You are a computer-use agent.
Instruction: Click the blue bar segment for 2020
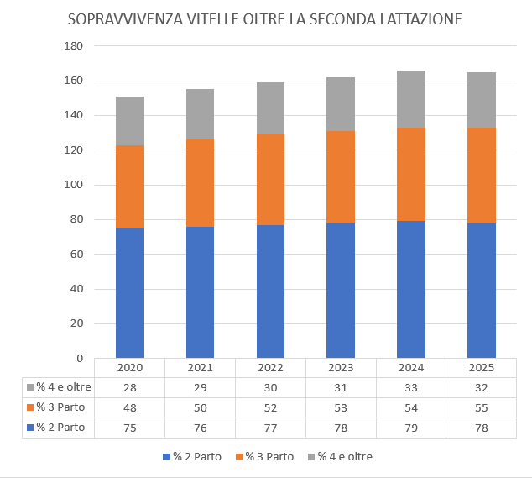pos(130,293)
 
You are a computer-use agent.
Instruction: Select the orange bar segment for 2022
pos(270,180)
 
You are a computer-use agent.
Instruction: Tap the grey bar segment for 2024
pos(411,99)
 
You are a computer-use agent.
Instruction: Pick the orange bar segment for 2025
pos(482,176)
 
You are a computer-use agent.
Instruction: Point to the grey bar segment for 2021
pos(201,114)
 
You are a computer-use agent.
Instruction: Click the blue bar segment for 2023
pos(341,291)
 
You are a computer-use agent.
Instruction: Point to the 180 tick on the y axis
pos(73,46)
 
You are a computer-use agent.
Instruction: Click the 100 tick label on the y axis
pos(73,185)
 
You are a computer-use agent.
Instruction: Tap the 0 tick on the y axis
pos(80,359)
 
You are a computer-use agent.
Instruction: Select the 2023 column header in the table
pos(341,368)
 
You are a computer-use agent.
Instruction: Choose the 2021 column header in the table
pos(201,368)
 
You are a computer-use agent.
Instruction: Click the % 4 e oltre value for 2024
pos(411,387)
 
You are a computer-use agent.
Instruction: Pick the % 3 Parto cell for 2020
pos(130,407)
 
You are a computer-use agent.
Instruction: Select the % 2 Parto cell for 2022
pos(270,428)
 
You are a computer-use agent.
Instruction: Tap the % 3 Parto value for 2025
pos(482,407)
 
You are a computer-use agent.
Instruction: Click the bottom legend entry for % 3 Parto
pos(264,457)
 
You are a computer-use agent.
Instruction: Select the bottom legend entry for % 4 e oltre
pos(341,457)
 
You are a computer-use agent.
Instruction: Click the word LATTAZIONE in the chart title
pos(420,19)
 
